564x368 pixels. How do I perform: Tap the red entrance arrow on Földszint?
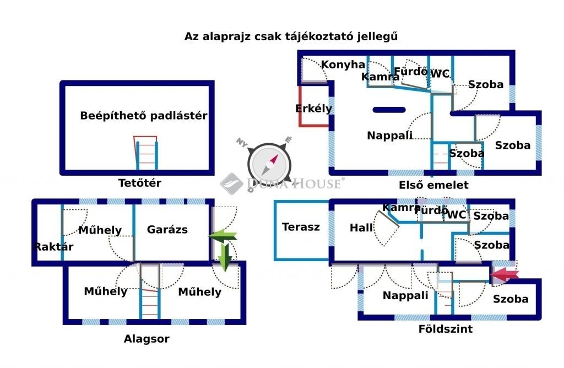pyautogui.click(x=505, y=275)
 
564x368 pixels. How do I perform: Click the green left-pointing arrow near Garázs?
pyautogui.click(x=223, y=236)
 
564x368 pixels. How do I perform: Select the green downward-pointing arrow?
pyautogui.click(x=225, y=257)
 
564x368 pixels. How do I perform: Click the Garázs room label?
pyautogui.click(x=167, y=230)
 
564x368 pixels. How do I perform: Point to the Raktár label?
pyautogui.click(x=53, y=247)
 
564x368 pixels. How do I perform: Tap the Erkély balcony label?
pyautogui.click(x=313, y=109)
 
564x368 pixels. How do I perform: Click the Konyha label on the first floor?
pyautogui.click(x=343, y=65)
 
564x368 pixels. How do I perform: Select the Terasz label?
pyautogui.click(x=301, y=227)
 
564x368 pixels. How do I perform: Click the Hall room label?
pyautogui.click(x=361, y=228)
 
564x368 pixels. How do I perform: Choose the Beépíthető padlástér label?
pyautogui.click(x=144, y=116)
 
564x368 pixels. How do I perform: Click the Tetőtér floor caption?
pyautogui.click(x=140, y=183)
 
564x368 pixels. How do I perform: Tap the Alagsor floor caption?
pyautogui.click(x=147, y=339)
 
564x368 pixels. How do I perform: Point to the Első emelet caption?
pyautogui.click(x=433, y=185)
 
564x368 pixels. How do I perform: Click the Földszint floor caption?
pyautogui.click(x=445, y=329)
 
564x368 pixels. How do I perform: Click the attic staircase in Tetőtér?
pyautogui.click(x=146, y=153)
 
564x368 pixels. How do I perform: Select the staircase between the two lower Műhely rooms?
pyautogui.click(x=150, y=291)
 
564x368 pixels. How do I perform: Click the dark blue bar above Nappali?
pyautogui.click(x=389, y=110)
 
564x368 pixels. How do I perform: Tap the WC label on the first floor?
pyautogui.click(x=440, y=74)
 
